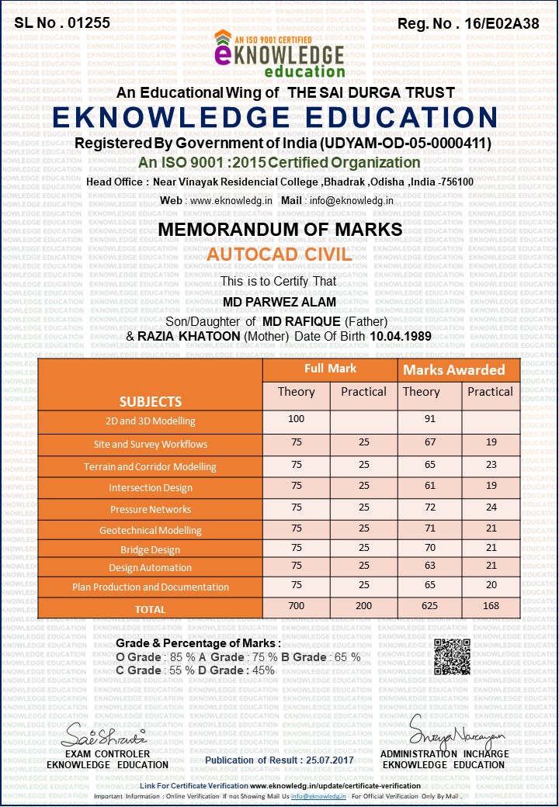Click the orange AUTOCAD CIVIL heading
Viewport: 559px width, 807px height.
coord(279,255)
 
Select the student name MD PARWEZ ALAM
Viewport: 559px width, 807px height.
coord(279,301)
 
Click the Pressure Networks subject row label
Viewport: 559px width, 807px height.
coord(151,509)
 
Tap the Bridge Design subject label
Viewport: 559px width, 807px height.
coord(151,549)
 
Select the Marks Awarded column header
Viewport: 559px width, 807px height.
coord(454,370)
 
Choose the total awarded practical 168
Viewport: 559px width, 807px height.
coord(491,605)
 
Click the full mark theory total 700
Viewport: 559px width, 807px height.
coord(297,605)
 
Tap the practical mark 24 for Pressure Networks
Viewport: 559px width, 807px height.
coord(491,509)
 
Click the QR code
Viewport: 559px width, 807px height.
coord(452,656)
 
